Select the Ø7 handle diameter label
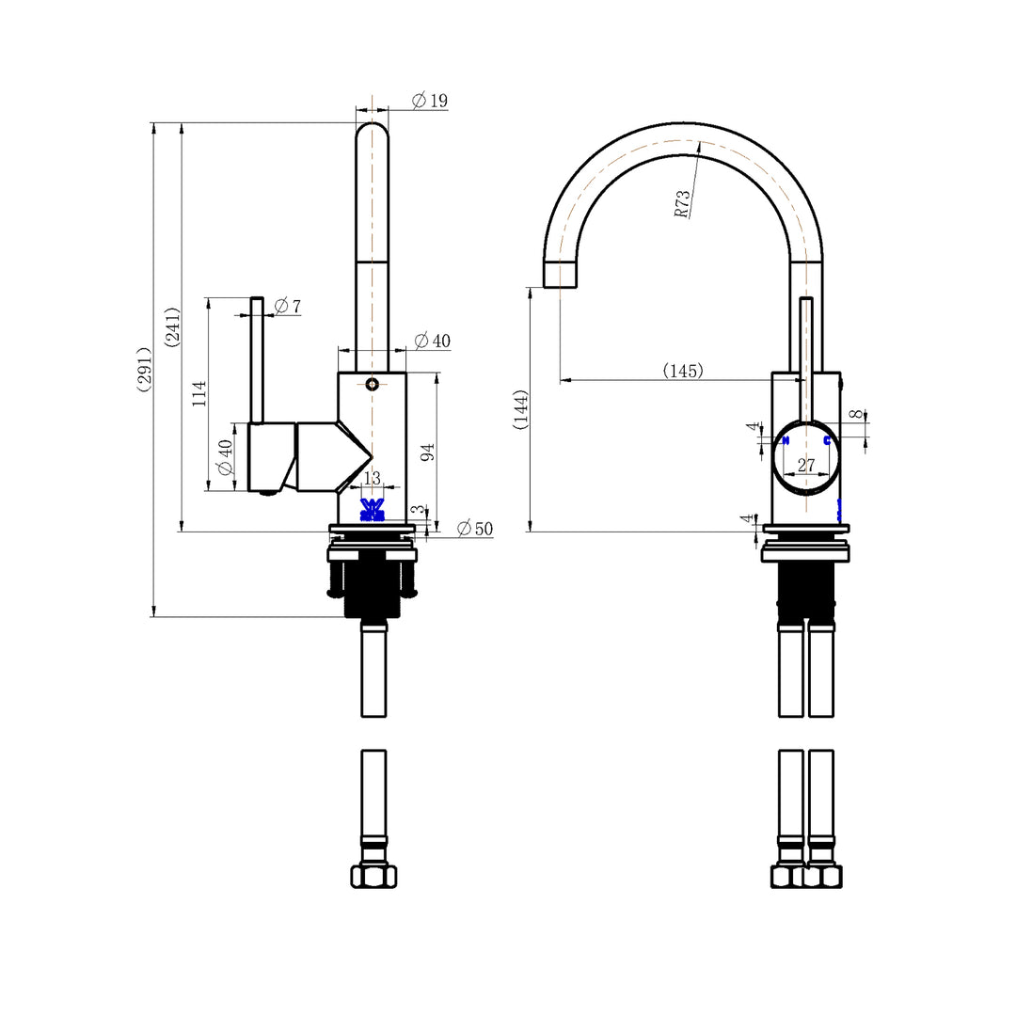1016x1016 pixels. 288,307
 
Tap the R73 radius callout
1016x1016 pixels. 683,203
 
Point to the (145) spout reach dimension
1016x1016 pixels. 682,371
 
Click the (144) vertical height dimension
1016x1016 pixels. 520,410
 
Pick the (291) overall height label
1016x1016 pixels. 146,371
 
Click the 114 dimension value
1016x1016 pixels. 198,393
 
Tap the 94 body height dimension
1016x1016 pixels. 427,452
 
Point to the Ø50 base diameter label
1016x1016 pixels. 475,529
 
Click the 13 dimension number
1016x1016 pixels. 372,479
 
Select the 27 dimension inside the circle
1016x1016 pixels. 806,465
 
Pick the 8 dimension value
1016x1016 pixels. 854,414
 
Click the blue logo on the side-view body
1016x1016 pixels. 373,509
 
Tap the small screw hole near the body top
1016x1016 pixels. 373,384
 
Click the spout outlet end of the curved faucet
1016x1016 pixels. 561,275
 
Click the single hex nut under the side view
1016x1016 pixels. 373,876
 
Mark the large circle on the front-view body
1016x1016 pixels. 806,458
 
